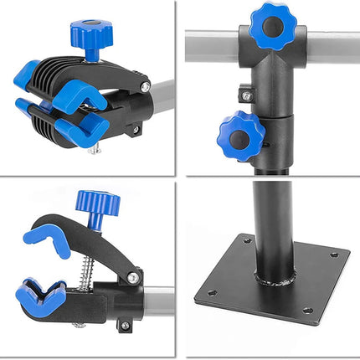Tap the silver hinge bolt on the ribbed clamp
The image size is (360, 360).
[x=146, y=84]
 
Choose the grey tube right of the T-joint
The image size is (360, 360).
[x=331, y=48]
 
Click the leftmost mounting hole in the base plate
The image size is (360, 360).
[x=209, y=293]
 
